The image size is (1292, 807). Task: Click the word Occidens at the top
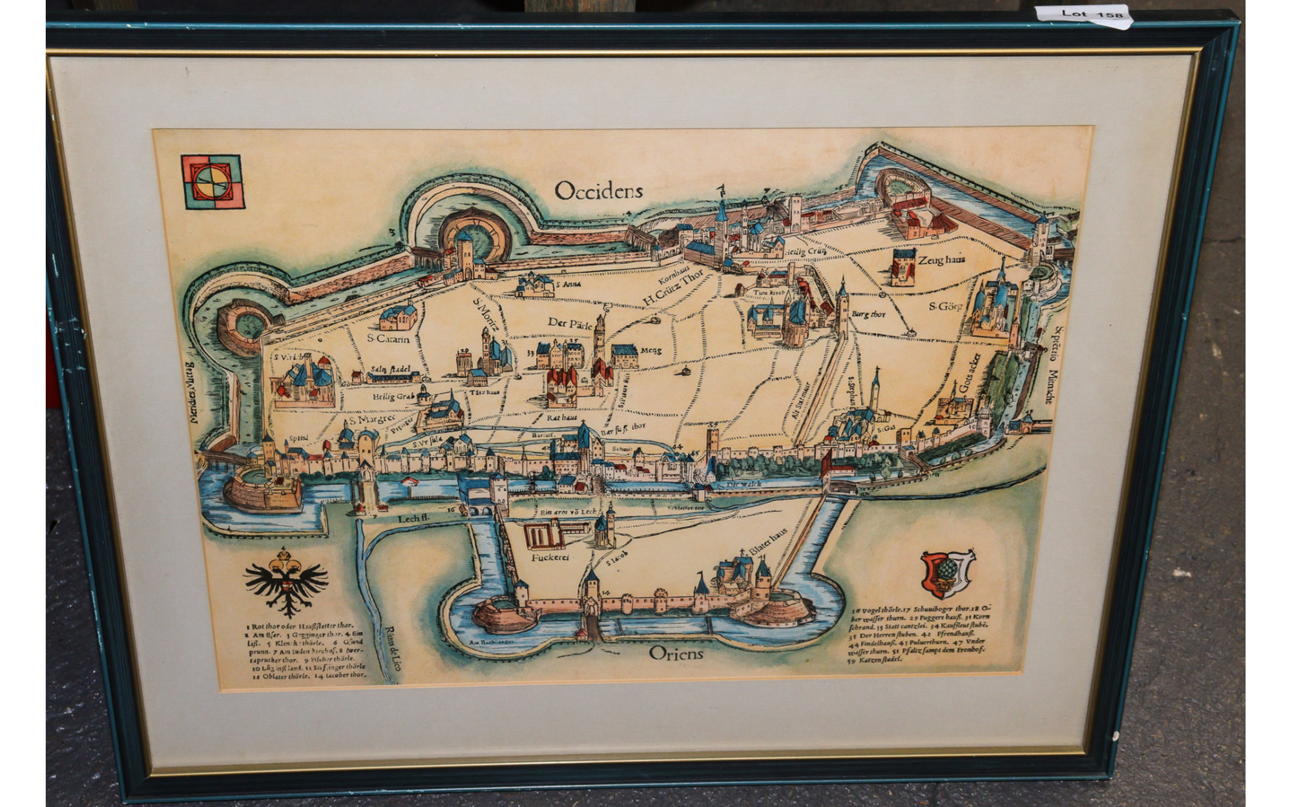[598, 190]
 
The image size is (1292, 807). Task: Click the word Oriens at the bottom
[676, 653]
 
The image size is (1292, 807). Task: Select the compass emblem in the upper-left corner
[213, 182]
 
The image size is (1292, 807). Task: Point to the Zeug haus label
[941, 260]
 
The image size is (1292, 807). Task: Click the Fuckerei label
[550, 557]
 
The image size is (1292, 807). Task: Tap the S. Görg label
[945, 306]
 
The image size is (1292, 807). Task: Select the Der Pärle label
[570, 323]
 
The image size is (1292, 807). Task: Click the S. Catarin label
[388, 338]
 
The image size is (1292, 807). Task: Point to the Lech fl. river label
[413, 518]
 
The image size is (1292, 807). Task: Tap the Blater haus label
[768, 540]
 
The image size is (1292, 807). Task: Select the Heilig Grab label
[393, 396]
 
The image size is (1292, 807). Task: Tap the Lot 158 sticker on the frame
[1092, 14]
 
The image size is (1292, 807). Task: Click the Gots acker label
[970, 373]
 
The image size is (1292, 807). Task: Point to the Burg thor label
[868, 314]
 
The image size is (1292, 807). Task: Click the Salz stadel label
[390, 369]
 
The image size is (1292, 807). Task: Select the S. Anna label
[568, 284]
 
